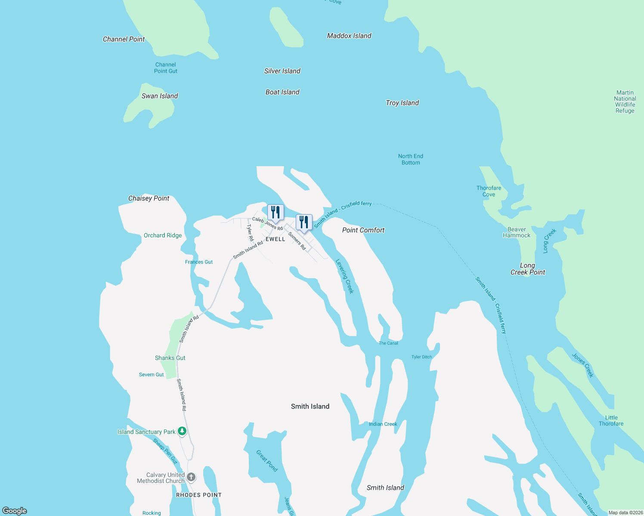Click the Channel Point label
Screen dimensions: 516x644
124,39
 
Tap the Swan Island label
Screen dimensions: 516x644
160,96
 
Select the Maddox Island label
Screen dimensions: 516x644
349,36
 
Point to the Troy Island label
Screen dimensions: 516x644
402,103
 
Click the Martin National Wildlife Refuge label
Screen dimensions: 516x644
625,101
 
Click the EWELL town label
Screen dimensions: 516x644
276,239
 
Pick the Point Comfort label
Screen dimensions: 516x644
363,230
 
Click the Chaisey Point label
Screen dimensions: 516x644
149,198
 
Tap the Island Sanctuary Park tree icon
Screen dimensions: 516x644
182,431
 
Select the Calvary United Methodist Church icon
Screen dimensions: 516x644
191,477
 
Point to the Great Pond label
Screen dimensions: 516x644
267,461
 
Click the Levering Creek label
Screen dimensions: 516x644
344,276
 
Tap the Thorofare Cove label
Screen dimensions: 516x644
489,191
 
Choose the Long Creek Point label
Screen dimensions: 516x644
527,269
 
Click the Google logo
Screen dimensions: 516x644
15,510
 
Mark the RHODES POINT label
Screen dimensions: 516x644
199,495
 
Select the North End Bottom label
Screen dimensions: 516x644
411,160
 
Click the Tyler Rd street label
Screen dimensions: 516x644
250,233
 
